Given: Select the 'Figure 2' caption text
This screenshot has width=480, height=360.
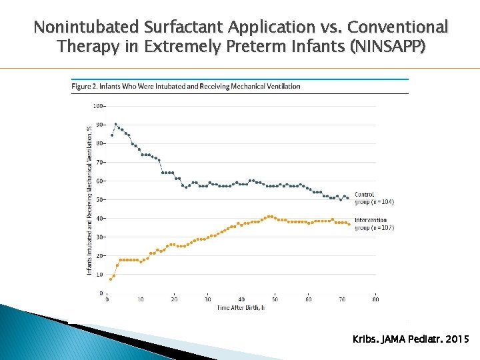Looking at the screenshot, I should (x=186, y=86).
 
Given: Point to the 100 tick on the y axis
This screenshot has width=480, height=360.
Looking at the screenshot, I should (x=99, y=106).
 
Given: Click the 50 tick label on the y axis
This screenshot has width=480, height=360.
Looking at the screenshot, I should (x=99, y=199).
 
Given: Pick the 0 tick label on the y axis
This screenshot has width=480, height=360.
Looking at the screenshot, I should (x=101, y=293).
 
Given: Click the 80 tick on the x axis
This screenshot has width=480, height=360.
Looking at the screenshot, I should (x=376, y=299).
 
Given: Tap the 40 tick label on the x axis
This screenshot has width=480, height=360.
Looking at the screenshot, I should (x=241, y=299).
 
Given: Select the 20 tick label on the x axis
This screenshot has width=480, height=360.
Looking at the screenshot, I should (x=174, y=299).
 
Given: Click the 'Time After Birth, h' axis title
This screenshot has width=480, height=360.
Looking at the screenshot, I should (x=240, y=307).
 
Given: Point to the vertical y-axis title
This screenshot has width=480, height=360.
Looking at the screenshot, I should (x=89, y=200).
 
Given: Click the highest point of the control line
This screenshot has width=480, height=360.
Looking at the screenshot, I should (x=115, y=124).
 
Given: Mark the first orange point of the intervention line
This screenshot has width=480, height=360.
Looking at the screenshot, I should (x=111, y=279).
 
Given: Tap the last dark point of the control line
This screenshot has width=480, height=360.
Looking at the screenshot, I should (x=348, y=198).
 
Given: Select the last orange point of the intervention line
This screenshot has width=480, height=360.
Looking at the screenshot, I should (x=349, y=224).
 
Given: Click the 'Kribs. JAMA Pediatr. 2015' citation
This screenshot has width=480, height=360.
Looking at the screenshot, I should (x=410, y=340).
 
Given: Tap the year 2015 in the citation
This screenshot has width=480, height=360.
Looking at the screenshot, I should (x=457, y=340).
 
